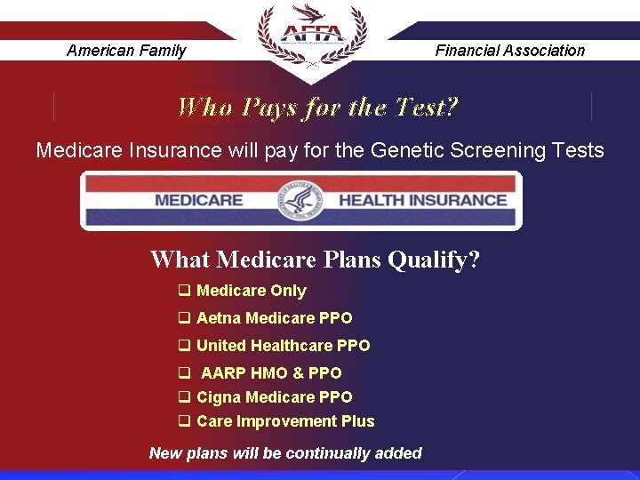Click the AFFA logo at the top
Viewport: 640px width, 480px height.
click(x=311, y=36)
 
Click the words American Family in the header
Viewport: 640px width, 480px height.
click(x=126, y=51)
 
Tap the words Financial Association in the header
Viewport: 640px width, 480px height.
click(x=510, y=51)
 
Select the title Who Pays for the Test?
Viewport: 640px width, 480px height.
click(x=318, y=108)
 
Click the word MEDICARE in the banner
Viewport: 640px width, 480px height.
click(x=198, y=200)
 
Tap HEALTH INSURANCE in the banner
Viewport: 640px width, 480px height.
click(x=422, y=200)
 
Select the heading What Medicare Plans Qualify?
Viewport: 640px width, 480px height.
click(x=315, y=260)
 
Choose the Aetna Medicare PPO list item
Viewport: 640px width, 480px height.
click(x=274, y=318)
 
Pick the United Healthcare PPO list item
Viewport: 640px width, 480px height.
click(x=283, y=346)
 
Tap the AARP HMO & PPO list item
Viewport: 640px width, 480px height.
click(x=270, y=373)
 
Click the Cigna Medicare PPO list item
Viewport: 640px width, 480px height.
click(x=274, y=397)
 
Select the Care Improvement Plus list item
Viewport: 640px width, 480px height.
click(x=285, y=421)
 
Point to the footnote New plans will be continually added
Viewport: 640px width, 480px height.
click(x=285, y=453)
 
